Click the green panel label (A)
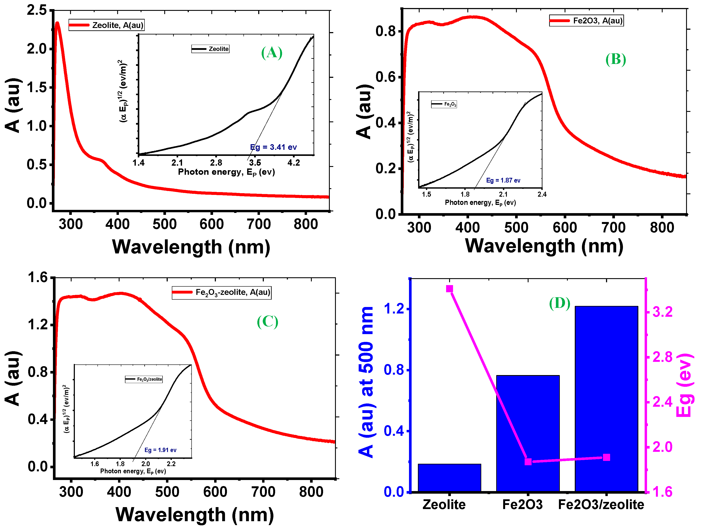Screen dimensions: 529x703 [271, 53]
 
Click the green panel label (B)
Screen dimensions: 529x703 [615, 59]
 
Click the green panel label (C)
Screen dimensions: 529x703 [267, 322]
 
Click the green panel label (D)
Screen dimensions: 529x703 [559, 303]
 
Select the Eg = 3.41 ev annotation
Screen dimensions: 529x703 [273, 147]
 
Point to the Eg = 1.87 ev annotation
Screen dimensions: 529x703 [503, 180]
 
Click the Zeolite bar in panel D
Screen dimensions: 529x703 [449, 478]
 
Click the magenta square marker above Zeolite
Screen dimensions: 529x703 [449, 289]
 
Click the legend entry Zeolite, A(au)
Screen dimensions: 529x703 [107, 25]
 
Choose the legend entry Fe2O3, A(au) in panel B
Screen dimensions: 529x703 [586, 21]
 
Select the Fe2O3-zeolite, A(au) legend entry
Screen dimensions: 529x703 [222, 292]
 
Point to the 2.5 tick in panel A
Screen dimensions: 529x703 [36, 10]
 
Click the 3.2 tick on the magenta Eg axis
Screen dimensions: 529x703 [662, 312]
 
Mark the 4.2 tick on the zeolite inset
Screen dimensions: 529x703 [293, 163]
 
